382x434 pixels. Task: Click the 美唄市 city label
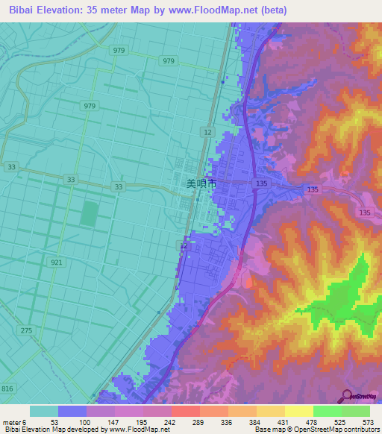(201, 183)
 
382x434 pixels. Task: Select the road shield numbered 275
(27, 330)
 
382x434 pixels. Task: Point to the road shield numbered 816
(7, 389)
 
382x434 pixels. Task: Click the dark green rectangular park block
(90, 214)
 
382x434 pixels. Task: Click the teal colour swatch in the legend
(43, 411)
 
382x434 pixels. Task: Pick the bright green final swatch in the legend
(356, 411)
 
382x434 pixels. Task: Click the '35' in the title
(99, 10)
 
